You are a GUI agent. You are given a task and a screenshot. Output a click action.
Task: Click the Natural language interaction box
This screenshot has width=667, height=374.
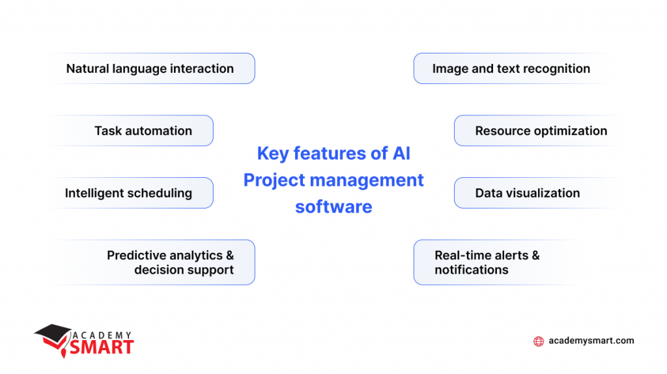(150, 68)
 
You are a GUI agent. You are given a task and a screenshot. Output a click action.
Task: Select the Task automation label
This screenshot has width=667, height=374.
(143, 131)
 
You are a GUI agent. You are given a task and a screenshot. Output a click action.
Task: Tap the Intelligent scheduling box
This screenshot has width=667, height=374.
(128, 193)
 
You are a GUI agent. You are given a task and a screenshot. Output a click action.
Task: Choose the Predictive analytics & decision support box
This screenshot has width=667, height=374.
(170, 262)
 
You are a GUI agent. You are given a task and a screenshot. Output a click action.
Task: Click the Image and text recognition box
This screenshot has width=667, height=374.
(511, 68)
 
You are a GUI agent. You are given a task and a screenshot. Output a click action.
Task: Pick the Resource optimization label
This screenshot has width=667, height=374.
(541, 131)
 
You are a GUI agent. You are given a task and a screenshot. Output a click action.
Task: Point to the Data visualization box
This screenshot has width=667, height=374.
(527, 193)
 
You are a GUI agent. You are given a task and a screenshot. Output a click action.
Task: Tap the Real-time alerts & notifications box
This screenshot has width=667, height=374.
(487, 262)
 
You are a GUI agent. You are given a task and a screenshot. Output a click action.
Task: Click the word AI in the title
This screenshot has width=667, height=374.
(400, 154)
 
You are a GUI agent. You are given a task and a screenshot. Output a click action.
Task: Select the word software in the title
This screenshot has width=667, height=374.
(333, 207)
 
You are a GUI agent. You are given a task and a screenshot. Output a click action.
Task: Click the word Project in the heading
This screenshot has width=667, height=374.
(272, 180)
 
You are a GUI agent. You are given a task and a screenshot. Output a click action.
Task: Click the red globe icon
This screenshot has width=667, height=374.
(538, 341)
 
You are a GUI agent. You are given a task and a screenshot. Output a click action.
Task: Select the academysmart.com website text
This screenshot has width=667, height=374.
(591, 341)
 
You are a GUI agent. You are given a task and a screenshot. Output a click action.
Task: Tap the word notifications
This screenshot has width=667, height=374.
(471, 270)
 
